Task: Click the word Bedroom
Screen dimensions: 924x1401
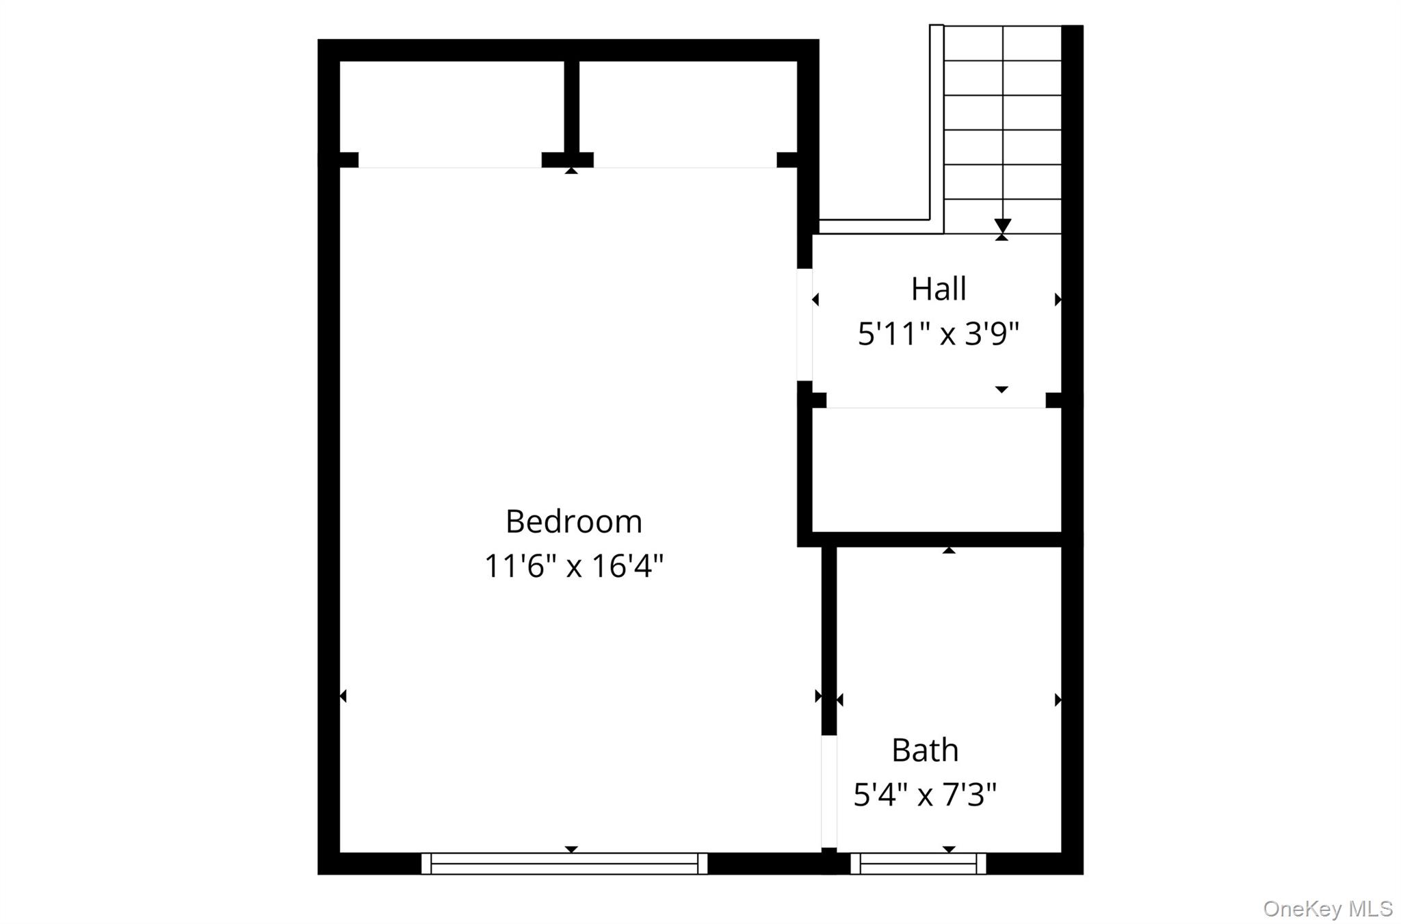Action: (x=573, y=522)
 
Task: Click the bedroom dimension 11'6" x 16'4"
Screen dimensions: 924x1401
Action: (x=573, y=566)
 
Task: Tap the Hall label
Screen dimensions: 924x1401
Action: (x=938, y=289)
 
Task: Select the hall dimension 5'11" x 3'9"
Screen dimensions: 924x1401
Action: (x=938, y=335)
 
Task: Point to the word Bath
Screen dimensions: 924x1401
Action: (x=924, y=750)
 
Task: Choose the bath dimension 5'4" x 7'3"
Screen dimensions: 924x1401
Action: (x=924, y=795)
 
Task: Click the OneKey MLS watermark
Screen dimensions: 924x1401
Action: (x=1327, y=908)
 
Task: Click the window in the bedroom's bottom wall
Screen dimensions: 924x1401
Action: (x=564, y=864)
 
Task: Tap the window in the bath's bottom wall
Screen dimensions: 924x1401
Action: (x=918, y=864)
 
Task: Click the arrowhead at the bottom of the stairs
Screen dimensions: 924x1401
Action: (x=1002, y=225)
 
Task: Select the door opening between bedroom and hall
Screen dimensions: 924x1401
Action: (x=804, y=324)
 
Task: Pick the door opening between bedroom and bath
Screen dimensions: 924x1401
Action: (x=828, y=791)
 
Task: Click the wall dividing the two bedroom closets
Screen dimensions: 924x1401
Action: (x=572, y=106)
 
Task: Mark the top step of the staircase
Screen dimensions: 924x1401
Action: (x=1002, y=43)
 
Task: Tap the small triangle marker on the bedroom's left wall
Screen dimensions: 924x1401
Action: (x=343, y=696)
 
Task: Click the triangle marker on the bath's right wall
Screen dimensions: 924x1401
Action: (x=1058, y=700)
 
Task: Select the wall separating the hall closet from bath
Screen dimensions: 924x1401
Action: (x=936, y=539)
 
